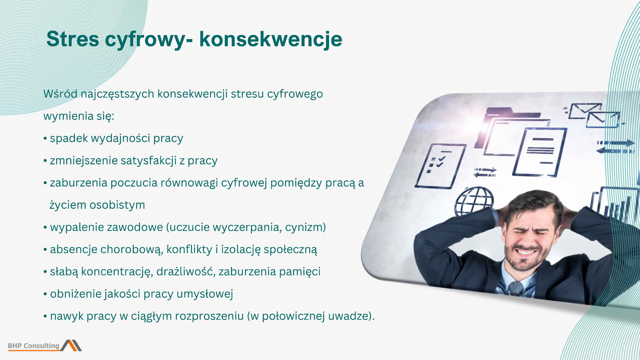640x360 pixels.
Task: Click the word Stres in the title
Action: point(73,39)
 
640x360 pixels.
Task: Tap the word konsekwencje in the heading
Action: point(271,39)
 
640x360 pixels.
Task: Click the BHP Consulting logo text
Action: point(34,346)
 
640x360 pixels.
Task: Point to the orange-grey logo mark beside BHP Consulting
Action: point(71,345)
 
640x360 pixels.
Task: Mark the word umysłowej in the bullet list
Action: point(205,294)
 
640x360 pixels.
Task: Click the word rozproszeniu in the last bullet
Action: point(209,316)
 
